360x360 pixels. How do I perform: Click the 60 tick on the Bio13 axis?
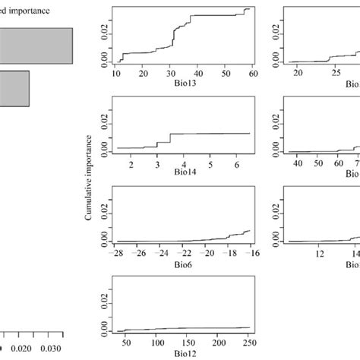(252, 74)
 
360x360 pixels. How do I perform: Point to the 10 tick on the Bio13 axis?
(116, 74)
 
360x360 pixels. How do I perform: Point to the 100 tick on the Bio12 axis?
(157, 342)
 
